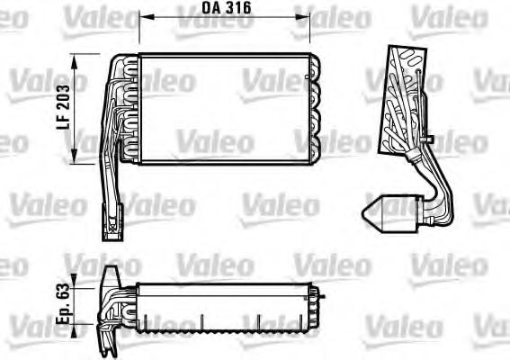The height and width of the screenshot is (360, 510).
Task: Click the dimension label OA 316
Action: click(x=225, y=8)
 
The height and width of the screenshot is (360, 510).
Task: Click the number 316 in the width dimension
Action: click(x=237, y=8)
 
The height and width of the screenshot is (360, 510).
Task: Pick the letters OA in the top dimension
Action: click(x=210, y=8)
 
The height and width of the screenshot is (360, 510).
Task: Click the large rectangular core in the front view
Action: click(x=225, y=108)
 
